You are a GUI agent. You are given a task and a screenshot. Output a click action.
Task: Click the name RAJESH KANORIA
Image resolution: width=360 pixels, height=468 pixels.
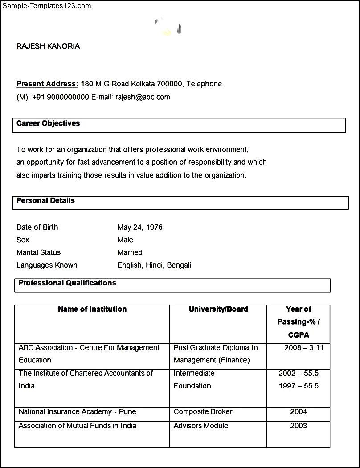click(48, 46)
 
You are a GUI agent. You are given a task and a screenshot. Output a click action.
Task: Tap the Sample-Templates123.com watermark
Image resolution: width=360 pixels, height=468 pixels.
click(46, 6)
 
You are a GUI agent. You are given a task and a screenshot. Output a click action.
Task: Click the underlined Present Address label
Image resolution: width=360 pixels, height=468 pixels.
click(47, 84)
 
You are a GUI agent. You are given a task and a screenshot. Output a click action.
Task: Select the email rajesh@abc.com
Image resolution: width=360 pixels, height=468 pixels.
click(143, 97)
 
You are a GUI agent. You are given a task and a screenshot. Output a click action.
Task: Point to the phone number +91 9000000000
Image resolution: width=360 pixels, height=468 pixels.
click(61, 97)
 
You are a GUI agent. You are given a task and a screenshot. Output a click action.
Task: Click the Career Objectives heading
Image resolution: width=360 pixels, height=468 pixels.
click(48, 123)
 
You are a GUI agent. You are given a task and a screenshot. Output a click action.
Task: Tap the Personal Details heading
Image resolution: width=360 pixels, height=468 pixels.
click(45, 200)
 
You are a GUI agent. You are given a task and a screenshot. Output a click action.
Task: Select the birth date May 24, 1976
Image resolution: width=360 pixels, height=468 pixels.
click(140, 227)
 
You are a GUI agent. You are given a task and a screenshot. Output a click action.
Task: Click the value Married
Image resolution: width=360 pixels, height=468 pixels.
click(130, 252)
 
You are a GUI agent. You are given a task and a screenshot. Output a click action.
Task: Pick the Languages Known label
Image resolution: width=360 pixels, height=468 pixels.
click(47, 265)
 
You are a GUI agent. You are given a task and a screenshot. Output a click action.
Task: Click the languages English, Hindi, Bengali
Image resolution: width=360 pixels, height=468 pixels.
click(154, 265)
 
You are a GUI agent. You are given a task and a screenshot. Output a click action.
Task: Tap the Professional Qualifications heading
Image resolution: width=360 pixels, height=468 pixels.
click(67, 283)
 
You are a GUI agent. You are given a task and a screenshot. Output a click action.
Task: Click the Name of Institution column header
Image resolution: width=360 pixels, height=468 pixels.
click(92, 309)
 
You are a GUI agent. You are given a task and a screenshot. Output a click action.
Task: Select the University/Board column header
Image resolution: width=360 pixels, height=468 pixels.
click(218, 309)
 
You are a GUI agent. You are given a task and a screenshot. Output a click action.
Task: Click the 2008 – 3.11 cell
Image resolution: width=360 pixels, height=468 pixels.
click(304, 347)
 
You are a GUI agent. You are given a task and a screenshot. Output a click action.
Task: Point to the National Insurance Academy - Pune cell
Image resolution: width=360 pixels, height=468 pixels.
click(78, 411)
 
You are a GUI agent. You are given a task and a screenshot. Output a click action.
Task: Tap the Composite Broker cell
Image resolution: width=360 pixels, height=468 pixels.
click(203, 411)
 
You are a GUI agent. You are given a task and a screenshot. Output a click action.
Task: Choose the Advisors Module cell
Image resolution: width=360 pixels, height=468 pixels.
click(201, 426)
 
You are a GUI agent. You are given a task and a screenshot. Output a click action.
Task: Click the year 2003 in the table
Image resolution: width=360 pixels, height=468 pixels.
click(299, 426)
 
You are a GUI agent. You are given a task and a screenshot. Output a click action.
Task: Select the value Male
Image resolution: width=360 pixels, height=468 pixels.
click(125, 240)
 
